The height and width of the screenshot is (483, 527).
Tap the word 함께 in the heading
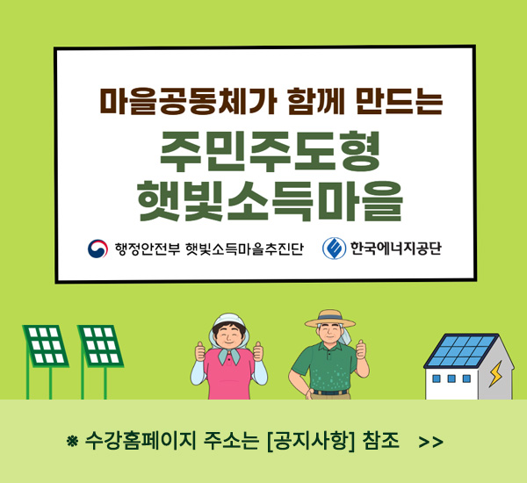[316, 100]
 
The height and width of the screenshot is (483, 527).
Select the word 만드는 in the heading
[400, 100]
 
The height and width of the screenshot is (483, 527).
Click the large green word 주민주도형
[270, 152]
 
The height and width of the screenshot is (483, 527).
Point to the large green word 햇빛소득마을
[270, 201]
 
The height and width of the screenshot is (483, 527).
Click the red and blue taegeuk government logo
[97, 249]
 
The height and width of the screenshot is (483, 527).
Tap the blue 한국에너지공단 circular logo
[334, 249]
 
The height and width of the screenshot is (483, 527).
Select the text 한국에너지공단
[395, 249]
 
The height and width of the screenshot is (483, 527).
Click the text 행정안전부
[148, 249]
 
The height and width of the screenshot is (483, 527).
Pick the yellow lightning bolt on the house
[495, 373]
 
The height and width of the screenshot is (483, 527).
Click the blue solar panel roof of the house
[461, 350]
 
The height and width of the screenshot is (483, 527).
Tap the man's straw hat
[329, 319]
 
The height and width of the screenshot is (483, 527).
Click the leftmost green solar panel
[46, 345]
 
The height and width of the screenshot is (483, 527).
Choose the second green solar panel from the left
[100, 345]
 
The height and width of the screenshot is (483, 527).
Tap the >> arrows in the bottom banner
[431, 442]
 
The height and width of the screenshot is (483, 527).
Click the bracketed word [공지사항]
[311, 441]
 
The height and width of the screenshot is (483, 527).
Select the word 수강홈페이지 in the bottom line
[141, 441]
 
